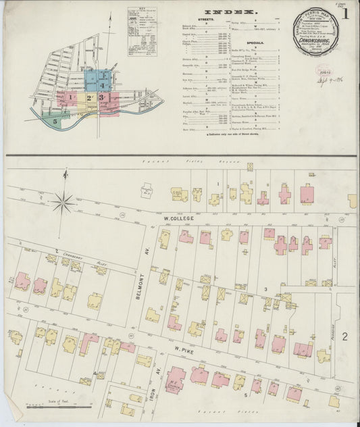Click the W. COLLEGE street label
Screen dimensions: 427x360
179,219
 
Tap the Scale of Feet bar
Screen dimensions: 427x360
51,407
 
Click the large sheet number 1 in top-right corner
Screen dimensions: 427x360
345,13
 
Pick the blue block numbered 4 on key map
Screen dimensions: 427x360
103,85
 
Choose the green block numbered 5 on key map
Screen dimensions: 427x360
55,121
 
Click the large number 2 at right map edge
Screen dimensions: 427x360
344,336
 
